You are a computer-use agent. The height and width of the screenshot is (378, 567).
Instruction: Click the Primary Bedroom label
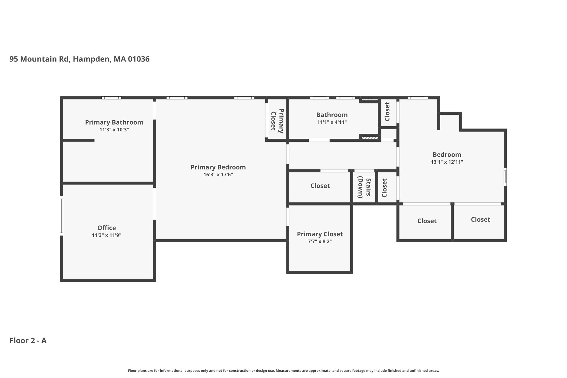[218, 167]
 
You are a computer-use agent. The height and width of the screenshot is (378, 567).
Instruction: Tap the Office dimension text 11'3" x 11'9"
[107, 235]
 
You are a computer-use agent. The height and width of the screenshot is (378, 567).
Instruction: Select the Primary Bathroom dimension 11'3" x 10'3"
[114, 130]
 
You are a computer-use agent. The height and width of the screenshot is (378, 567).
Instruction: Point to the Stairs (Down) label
[364, 188]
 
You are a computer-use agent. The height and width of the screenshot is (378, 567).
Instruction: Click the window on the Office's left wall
[61, 216]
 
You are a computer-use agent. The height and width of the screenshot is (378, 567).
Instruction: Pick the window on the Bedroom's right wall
[505, 177]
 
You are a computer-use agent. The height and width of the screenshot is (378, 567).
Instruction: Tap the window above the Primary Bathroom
[111, 98]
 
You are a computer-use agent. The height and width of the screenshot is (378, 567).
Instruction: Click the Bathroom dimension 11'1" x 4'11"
[332, 122]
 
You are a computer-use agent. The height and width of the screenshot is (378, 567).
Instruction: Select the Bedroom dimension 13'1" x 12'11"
[447, 162]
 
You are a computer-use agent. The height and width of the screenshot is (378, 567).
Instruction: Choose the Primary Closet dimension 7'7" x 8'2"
[320, 241]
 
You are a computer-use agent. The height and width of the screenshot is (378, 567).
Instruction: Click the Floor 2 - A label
[28, 341]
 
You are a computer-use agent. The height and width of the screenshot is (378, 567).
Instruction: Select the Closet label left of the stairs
[320, 186]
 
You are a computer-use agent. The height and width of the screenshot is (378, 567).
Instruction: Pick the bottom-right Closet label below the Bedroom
[480, 220]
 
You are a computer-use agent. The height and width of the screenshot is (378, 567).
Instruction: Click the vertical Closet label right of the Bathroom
[387, 112]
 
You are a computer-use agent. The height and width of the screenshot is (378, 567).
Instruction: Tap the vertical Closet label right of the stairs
[384, 188]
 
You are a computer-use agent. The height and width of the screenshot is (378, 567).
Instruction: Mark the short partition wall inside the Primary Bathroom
[79, 140]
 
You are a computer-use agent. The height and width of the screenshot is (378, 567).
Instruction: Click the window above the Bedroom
[418, 98]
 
